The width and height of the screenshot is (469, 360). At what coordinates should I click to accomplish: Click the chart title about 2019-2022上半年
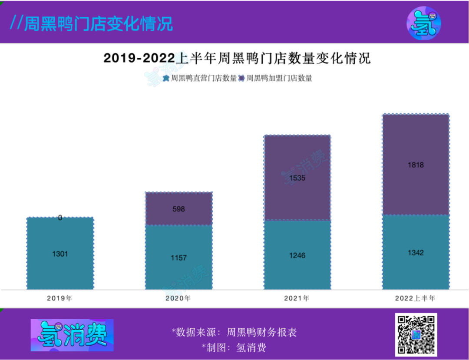tap(237, 58)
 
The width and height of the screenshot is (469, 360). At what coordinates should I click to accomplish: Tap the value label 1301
tap(60, 254)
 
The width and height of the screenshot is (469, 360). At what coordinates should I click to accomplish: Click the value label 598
tap(178, 209)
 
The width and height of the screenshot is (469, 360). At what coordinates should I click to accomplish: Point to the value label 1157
tap(178, 258)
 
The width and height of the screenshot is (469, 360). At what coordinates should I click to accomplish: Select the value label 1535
tap(297, 178)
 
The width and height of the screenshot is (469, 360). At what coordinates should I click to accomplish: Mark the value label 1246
tap(297, 256)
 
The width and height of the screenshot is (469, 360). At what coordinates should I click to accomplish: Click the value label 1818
tap(416, 165)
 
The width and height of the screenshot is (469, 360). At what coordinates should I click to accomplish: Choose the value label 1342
tap(416, 253)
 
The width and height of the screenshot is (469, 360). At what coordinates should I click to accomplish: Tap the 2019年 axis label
tap(60, 299)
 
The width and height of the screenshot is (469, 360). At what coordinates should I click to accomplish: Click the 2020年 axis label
tap(178, 299)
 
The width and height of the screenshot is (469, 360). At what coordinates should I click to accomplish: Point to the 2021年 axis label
tap(297, 299)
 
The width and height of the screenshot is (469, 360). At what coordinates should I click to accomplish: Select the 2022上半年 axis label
tap(415, 299)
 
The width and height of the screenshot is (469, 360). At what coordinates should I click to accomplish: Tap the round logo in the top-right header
tap(424, 23)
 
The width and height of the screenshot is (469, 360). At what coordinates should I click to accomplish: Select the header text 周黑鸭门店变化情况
tap(92, 23)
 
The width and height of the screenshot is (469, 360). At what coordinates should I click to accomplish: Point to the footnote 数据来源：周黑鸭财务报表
tap(234, 333)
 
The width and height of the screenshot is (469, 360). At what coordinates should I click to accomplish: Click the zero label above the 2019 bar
tap(60, 218)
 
